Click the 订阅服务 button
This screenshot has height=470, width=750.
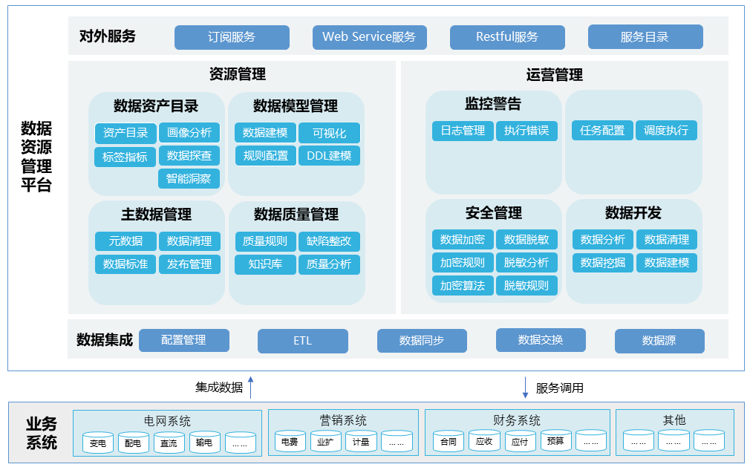coord(232,37)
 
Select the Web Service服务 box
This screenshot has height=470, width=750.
coord(369,37)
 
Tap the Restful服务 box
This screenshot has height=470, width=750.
coord(507,37)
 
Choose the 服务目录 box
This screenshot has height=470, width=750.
coord(645,37)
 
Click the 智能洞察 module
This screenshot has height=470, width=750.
coord(189,179)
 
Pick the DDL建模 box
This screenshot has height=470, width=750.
coord(329,156)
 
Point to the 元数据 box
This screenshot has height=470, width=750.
coord(125,241)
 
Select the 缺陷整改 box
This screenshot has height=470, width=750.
coord(329,241)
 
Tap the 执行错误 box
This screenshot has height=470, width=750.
coord(526,131)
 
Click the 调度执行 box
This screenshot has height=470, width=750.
coord(666,131)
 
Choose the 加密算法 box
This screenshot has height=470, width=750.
coord(463,285)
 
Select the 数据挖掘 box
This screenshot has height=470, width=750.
coord(603,262)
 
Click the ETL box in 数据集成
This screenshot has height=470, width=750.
coord(302,342)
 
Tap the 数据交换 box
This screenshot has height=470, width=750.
coord(541,340)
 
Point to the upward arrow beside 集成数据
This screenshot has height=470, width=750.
coord(251,387)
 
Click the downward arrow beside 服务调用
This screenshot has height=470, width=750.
coord(526,387)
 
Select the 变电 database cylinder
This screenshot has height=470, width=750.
coord(98,443)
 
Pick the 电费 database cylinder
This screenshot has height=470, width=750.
coord(290,442)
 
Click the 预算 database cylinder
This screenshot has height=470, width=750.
coord(555,441)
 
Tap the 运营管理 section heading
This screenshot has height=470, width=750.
coord(554,75)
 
